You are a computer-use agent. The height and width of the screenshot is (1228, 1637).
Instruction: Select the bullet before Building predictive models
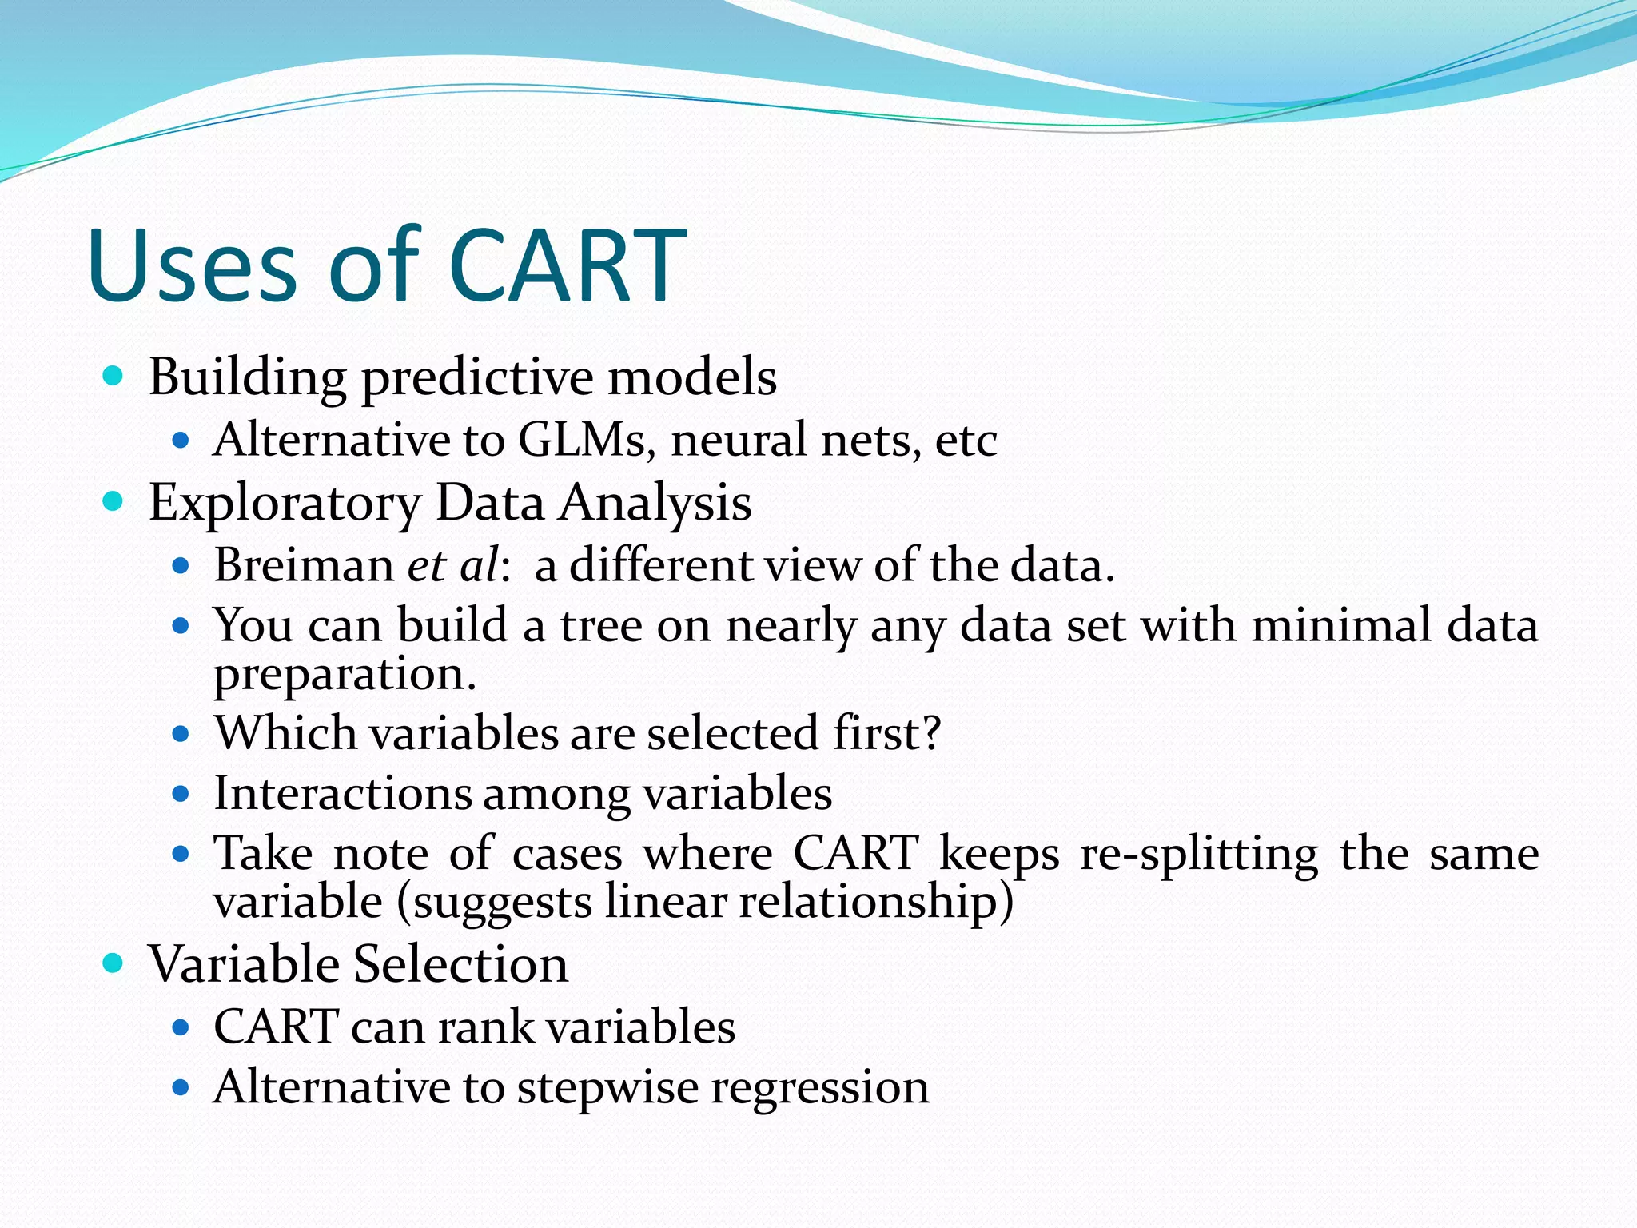click(114, 376)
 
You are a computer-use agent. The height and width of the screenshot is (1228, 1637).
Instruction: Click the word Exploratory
click(285, 504)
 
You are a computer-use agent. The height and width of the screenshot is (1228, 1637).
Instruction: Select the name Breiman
click(304, 565)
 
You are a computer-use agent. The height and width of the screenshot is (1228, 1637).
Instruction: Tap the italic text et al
click(453, 565)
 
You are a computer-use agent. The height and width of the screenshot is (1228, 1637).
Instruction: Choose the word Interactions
click(342, 794)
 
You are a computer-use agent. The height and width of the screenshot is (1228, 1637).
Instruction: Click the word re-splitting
click(1199, 854)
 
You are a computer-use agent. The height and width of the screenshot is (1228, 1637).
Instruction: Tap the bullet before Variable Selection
click(114, 963)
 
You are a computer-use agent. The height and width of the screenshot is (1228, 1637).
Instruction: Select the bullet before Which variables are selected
click(181, 733)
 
